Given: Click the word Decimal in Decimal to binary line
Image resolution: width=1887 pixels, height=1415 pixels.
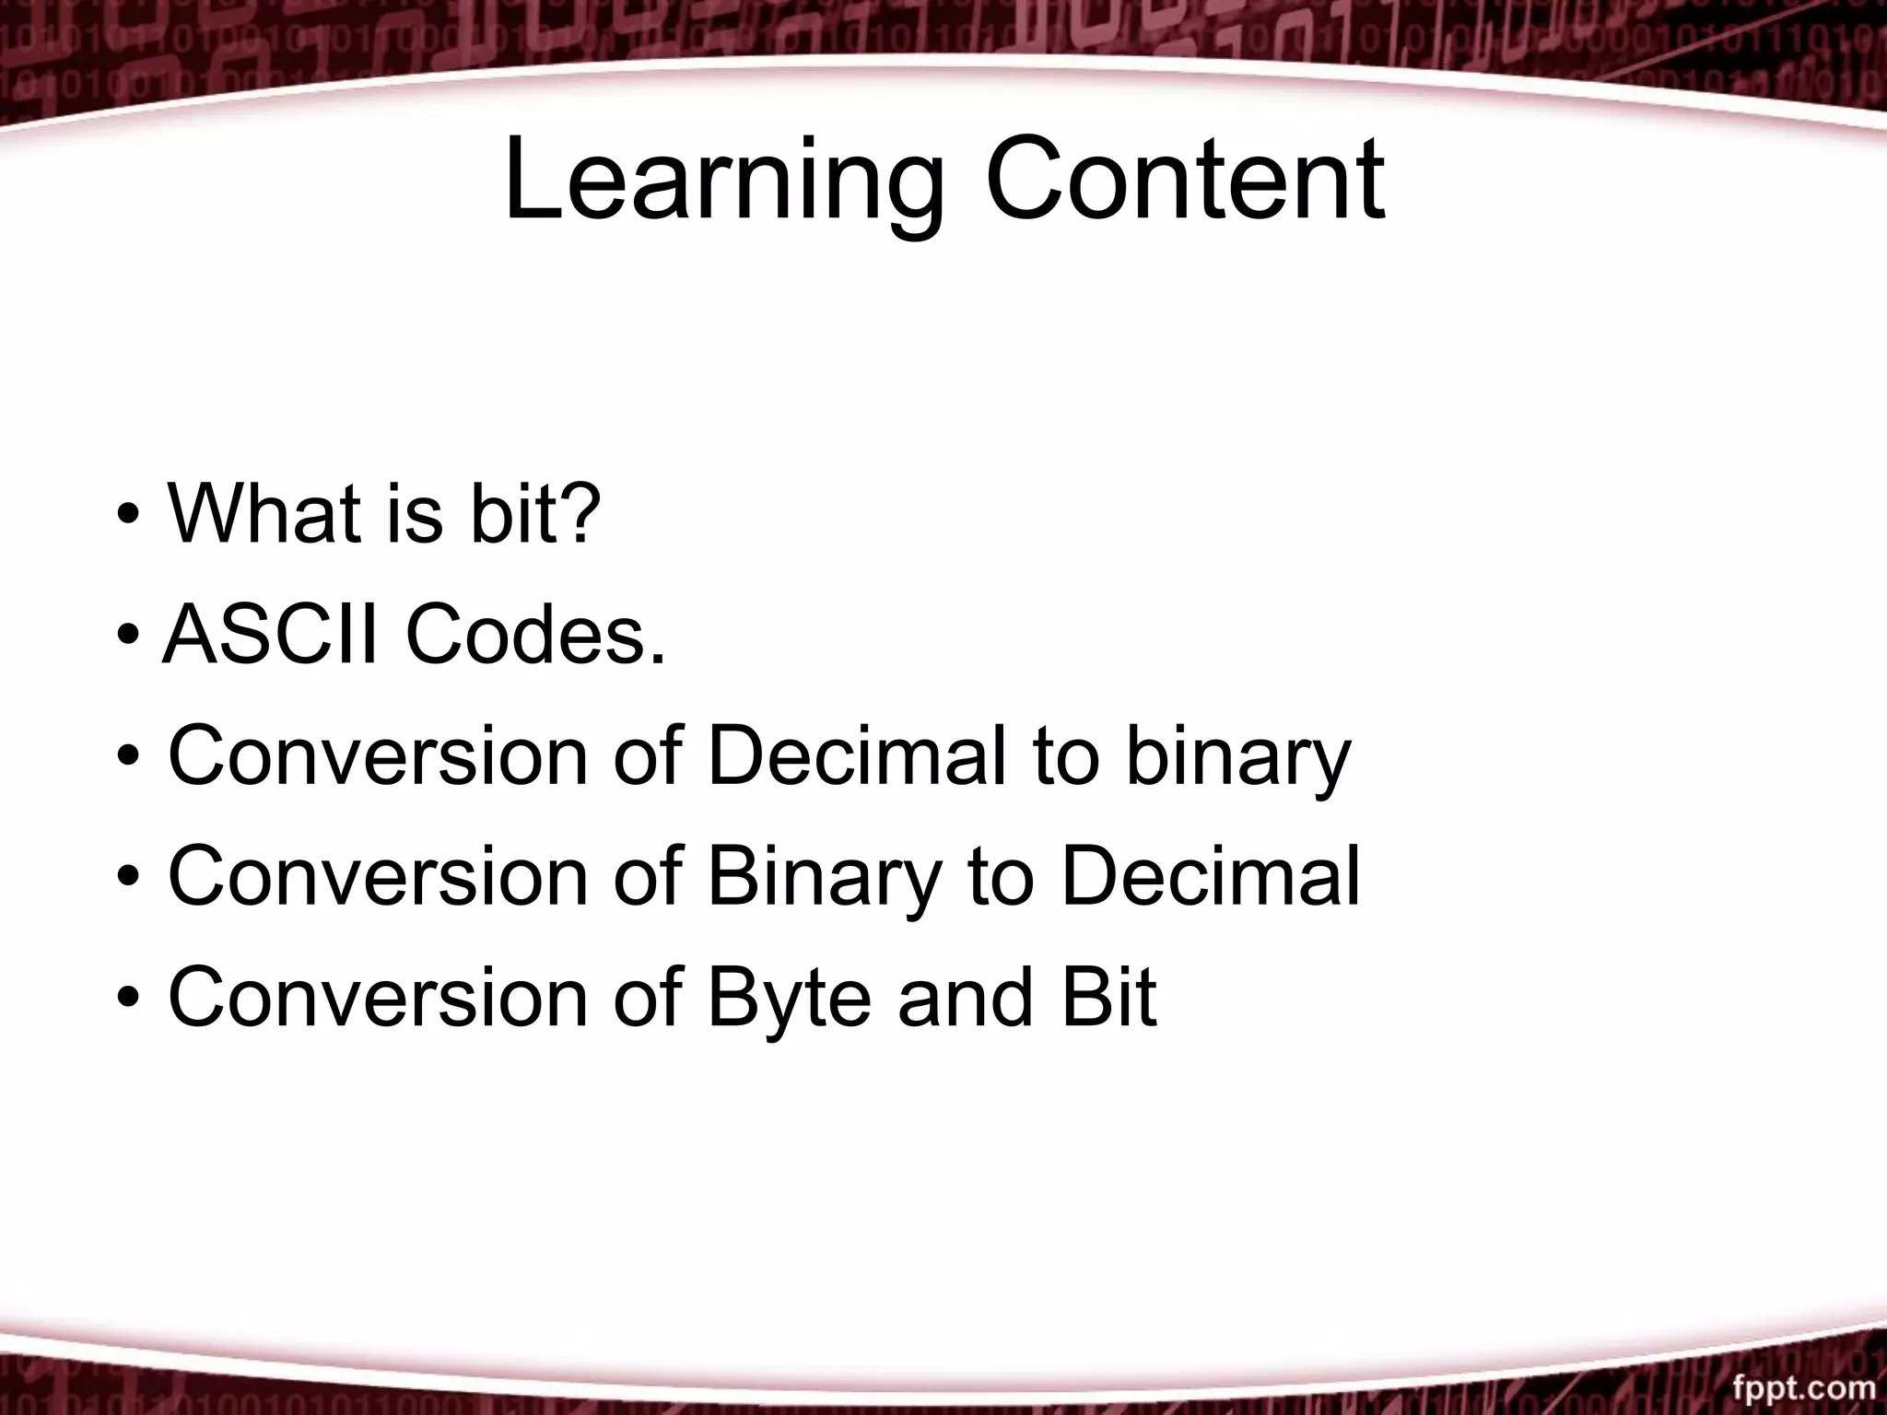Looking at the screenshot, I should (x=856, y=756).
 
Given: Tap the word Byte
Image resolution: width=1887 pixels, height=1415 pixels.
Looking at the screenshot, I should (x=789, y=1000).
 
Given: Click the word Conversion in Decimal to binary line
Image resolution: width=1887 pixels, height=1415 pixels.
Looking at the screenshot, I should (x=378, y=756).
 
